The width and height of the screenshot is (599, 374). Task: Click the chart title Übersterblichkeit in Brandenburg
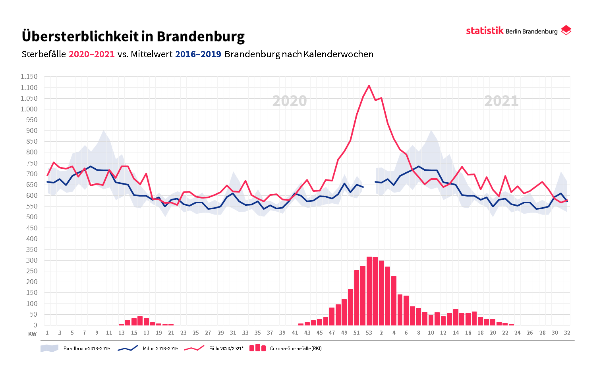(133, 36)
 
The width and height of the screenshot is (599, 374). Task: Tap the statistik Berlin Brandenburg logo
(518, 31)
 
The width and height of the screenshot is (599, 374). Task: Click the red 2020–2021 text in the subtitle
(91, 54)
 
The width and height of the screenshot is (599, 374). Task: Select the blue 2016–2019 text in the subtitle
(198, 54)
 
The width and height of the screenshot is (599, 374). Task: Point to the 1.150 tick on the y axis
(29, 76)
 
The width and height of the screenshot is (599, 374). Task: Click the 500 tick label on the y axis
(31, 217)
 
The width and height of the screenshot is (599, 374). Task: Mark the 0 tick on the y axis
(35, 325)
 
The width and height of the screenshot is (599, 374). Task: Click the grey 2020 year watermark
(290, 101)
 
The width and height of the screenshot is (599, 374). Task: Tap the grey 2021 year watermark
(501, 101)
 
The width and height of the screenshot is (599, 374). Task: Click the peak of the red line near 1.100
(369, 86)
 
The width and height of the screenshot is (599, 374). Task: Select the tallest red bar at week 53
(369, 290)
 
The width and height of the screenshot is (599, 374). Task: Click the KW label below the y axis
(33, 334)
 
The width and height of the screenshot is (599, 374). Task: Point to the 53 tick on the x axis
(369, 333)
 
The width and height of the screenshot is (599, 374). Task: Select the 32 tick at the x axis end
(567, 333)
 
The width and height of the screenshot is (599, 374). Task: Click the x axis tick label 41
(295, 333)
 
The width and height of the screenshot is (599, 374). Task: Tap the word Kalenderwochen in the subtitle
(338, 54)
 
